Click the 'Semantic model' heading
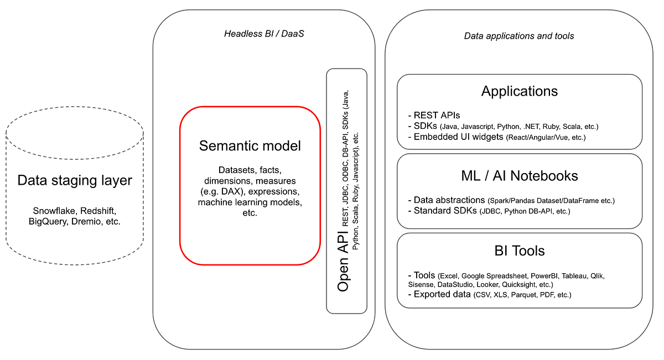(x=250, y=146)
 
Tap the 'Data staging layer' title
(x=75, y=180)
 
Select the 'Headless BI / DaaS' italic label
(x=264, y=34)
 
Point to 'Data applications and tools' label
(x=518, y=36)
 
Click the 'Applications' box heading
(x=520, y=91)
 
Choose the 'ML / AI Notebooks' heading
(x=520, y=176)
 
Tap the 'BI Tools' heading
(x=520, y=251)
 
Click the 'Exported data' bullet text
(x=440, y=294)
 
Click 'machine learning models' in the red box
(x=249, y=202)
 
